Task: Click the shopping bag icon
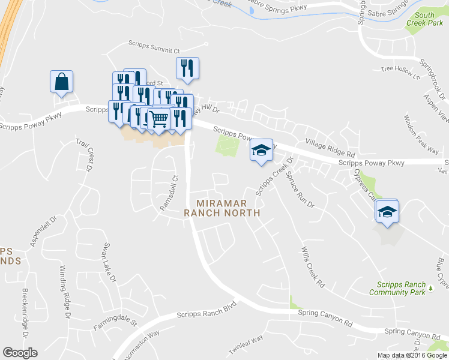(x=62, y=82)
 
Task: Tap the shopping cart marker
(x=158, y=119)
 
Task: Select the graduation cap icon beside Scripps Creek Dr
(x=261, y=151)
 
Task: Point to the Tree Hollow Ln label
(x=400, y=70)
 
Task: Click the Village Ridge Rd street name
(x=330, y=146)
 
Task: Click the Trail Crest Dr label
(x=82, y=155)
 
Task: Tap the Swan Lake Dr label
(x=108, y=263)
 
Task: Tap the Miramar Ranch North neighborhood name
(x=222, y=208)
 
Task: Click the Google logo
(x=20, y=353)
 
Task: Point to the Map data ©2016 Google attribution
(x=412, y=355)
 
